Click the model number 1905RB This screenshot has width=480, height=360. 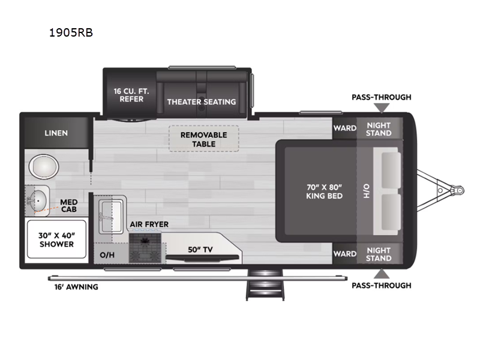point(71,32)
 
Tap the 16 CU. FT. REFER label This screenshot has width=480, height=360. point(131,95)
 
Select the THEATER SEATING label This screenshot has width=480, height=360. point(202,102)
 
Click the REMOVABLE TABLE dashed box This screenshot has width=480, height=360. point(204,139)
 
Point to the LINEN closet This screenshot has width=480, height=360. point(56,133)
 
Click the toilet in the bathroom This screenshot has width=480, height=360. point(44,167)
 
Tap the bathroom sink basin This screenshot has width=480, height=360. point(37,201)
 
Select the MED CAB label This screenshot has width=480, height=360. point(68,206)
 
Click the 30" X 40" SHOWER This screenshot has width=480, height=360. point(56,239)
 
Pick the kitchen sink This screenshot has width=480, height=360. point(111,217)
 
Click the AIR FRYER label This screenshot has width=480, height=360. point(149,224)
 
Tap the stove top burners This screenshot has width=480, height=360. point(145,247)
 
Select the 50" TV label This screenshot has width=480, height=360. point(200,250)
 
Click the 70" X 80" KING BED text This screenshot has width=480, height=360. point(324,191)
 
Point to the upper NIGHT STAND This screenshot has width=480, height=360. point(379,129)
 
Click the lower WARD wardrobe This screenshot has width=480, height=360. point(344,253)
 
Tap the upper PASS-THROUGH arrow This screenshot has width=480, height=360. point(382,108)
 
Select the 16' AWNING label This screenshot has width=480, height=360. point(76,287)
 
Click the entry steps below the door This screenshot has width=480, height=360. point(265,284)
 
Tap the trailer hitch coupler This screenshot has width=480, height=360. point(458,190)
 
